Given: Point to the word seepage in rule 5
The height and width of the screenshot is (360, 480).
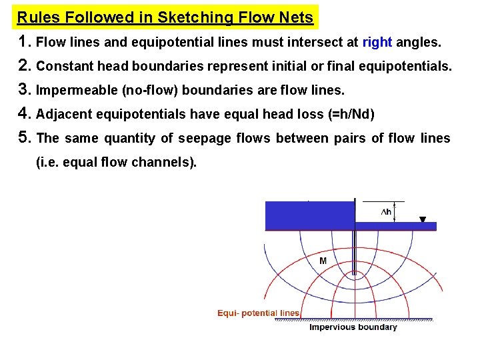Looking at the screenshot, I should pos(166,139).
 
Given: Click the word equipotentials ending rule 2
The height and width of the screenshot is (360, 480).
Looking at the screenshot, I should pos(409,67).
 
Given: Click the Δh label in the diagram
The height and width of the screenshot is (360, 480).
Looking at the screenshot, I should pos(385,212).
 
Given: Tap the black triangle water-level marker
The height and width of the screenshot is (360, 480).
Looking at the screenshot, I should pos(423,219).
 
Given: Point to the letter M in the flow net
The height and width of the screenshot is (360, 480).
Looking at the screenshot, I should pos(323,261).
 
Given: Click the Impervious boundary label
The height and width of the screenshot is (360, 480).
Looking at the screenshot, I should pos(353,327).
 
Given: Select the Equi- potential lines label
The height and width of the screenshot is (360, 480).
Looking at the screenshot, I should pos(259,313).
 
